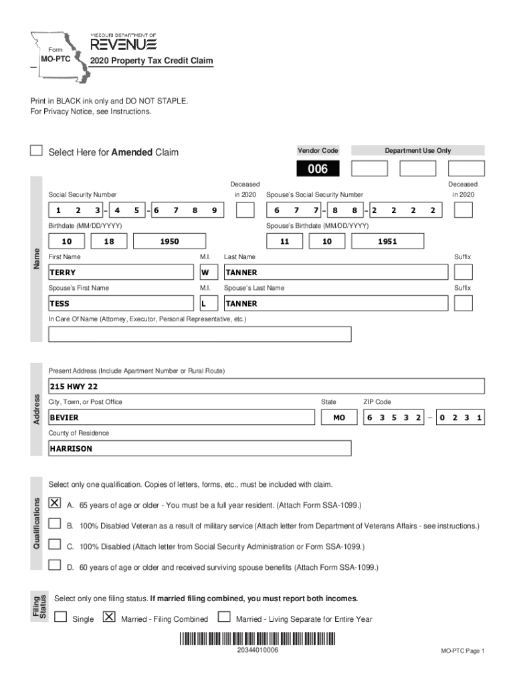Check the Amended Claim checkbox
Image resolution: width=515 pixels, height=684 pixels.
click(x=37, y=151)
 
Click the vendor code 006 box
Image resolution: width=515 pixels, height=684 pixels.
click(x=318, y=168)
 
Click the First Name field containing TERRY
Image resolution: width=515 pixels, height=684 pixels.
click(x=120, y=273)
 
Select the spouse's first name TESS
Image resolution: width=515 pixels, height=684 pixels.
click(x=120, y=303)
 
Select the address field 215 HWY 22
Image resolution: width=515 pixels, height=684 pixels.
click(x=266, y=386)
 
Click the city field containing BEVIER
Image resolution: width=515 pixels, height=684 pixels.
click(x=180, y=417)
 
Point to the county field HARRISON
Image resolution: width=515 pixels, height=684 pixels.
click(x=199, y=448)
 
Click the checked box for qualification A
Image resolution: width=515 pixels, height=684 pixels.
click(x=55, y=503)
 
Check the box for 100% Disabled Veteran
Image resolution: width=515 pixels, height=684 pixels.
click(x=55, y=524)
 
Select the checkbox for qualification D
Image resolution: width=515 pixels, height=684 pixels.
click(x=55, y=565)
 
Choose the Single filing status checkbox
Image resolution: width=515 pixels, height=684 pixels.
click(x=61, y=617)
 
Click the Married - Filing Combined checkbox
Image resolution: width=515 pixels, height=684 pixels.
click(x=109, y=617)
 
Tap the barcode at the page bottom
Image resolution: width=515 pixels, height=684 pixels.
click(x=257, y=638)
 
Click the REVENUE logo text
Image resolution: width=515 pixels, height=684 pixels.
click(x=124, y=44)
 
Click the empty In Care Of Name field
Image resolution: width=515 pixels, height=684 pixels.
click(x=199, y=334)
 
